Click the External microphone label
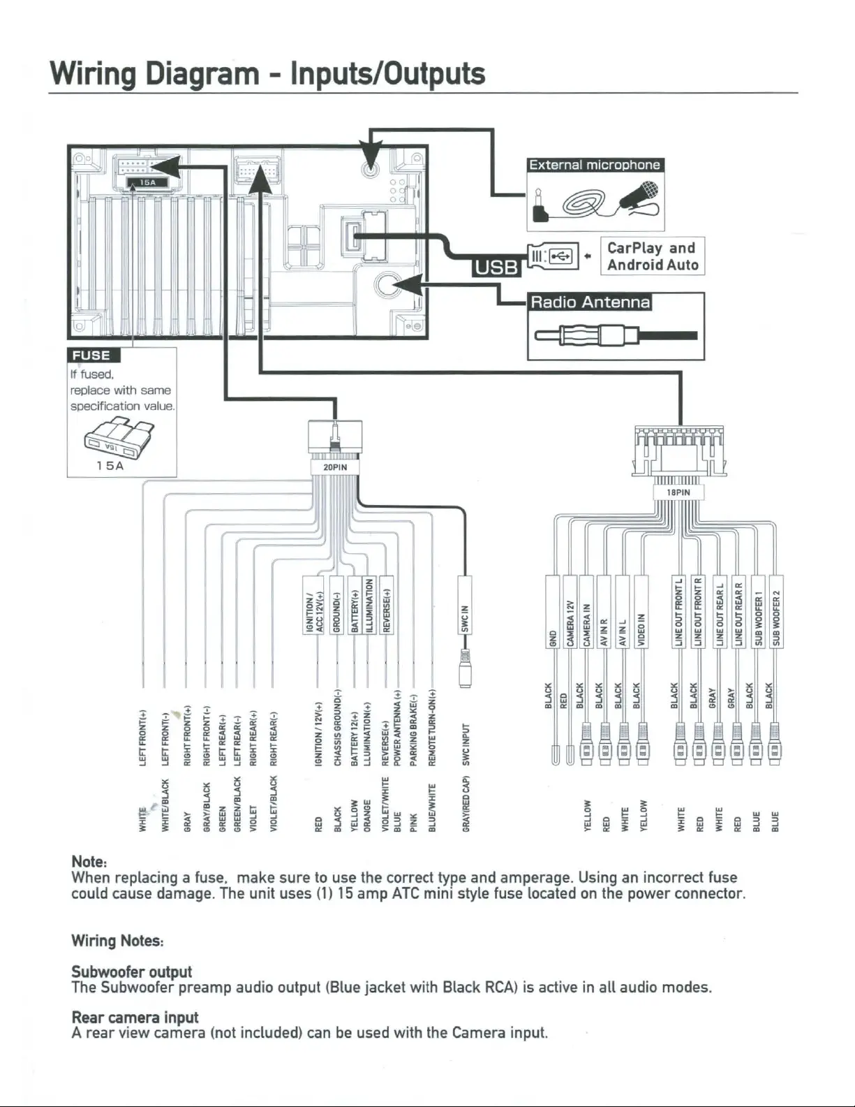595,165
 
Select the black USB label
496,267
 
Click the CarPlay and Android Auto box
652,256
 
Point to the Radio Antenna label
590,302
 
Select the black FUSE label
91,355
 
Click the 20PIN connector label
335,467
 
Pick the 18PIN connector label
678,492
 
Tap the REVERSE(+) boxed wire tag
386,605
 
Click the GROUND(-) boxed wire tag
336,605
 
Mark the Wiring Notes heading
117,941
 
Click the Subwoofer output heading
131,972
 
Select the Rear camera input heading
135,1017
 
